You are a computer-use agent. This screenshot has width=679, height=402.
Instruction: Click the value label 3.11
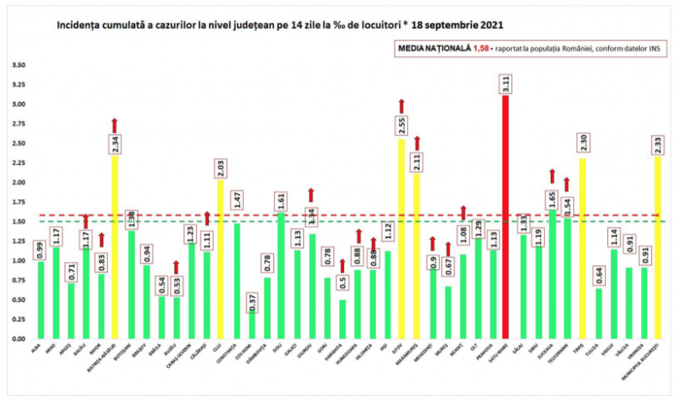coord(506,84)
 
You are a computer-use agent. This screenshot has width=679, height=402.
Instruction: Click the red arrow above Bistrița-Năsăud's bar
coord(115,125)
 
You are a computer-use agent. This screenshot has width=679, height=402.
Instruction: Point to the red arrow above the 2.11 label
coord(417,143)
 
